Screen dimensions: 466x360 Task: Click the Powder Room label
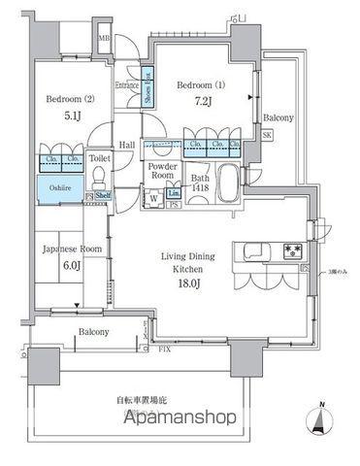tap(160, 171)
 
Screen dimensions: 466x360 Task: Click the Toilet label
tap(100, 156)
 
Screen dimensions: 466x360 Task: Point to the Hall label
tap(127, 146)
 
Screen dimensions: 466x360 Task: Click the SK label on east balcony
tap(267, 136)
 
